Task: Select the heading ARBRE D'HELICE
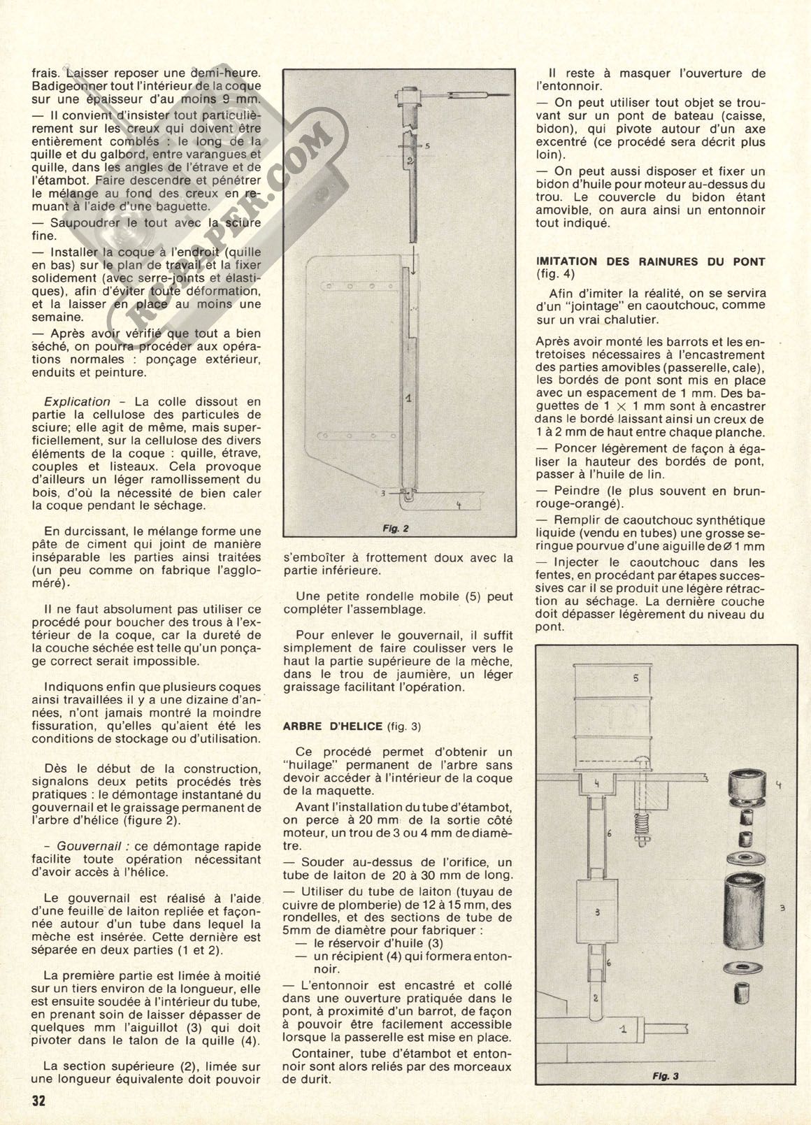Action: pos(331,726)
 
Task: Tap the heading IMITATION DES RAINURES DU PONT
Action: pos(649,261)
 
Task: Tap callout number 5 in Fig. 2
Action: pos(425,145)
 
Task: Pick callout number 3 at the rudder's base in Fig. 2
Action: pos(386,492)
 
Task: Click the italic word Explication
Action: pos(77,402)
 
